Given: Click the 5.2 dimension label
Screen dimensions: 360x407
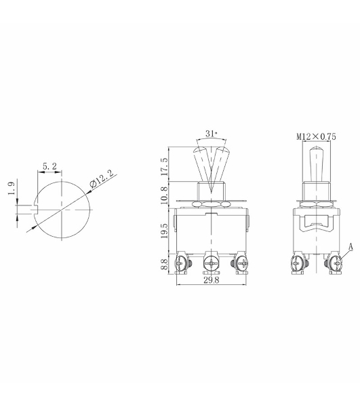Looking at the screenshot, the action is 49,166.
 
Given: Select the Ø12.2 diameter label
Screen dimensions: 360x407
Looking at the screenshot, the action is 102,179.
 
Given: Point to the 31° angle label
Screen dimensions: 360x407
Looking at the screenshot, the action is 211,134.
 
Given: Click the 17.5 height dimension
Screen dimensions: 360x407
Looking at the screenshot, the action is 165,166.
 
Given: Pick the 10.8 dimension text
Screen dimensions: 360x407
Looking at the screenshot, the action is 165,195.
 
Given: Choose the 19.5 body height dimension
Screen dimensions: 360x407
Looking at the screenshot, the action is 165,231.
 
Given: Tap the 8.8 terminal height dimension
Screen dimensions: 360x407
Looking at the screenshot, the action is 165,263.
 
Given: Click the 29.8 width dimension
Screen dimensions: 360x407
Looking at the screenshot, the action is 212,280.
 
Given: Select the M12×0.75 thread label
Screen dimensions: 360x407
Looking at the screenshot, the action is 316,136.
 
